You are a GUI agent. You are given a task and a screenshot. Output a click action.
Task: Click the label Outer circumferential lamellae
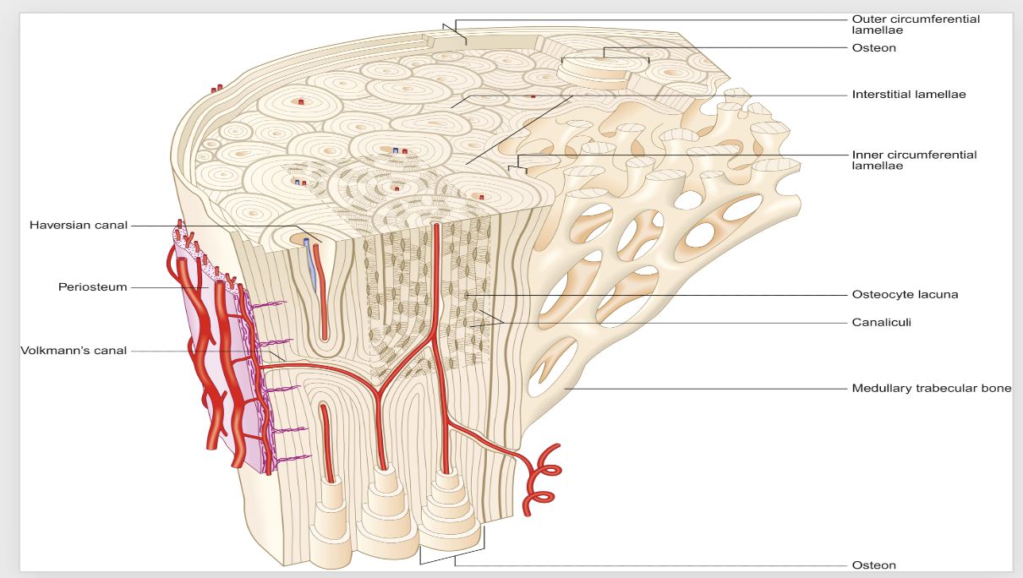click(916, 25)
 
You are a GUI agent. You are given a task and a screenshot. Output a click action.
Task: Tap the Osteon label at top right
click(873, 48)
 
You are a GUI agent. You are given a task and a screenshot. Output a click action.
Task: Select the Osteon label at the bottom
click(873, 565)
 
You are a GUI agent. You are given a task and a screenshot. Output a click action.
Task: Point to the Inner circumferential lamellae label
click(914, 160)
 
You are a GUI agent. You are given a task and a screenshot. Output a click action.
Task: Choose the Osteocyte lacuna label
click(905, 295)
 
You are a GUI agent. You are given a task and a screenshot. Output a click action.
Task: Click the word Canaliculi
click(881, 322)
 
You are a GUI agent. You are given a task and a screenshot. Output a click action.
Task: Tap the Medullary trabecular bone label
click(931, 389)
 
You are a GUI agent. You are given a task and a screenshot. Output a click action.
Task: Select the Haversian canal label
click(79, 225)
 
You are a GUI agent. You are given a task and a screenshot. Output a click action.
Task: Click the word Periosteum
click(92, 287)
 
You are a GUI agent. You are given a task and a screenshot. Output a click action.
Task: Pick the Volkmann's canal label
click(74, 351)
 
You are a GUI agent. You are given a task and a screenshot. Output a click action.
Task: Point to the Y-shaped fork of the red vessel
click(381, 390)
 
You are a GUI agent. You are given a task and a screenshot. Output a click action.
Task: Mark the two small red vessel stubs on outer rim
click(217, 88)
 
